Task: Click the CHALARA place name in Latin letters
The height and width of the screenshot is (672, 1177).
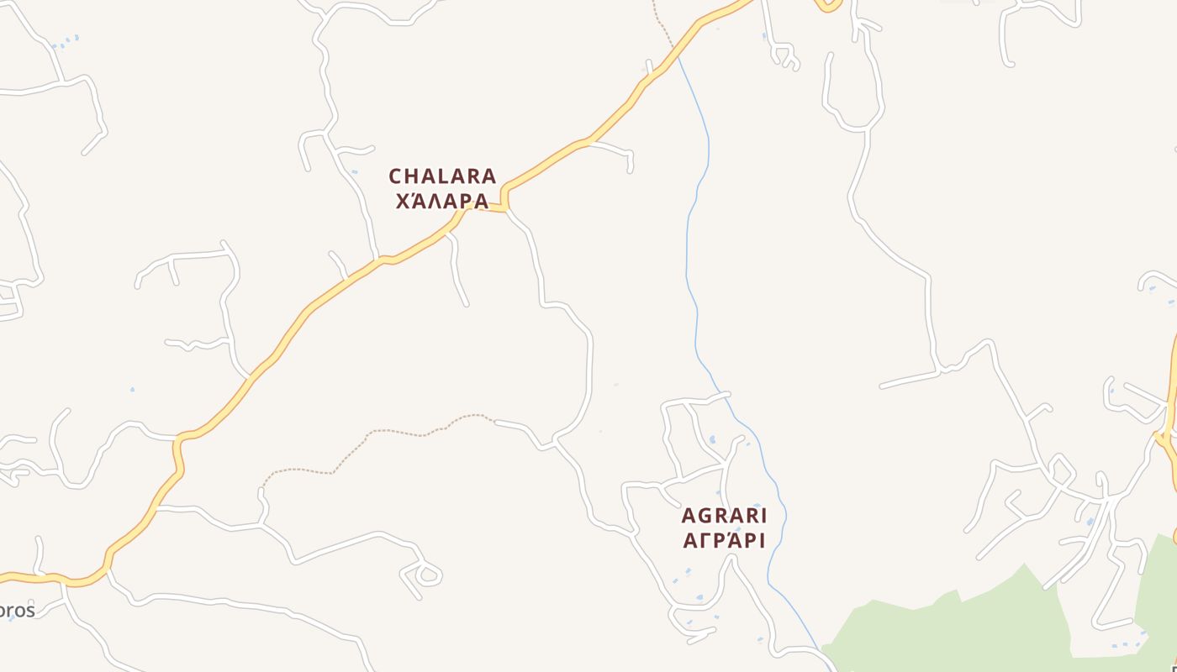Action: click(442, 176)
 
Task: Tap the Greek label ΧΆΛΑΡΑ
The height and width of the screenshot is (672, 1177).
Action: click(442, 201)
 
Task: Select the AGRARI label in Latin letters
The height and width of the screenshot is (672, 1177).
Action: click(724, 515)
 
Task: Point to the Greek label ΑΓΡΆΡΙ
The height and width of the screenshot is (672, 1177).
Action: click(724, 540)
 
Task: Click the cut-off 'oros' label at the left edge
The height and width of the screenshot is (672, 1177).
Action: click(17, 610)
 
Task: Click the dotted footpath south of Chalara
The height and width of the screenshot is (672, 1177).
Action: click(378, 432)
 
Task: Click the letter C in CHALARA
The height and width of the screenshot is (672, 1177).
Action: click(396, 176)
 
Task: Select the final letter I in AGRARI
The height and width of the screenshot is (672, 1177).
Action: click(763, 515)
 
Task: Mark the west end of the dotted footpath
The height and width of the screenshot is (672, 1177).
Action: click(263, 486)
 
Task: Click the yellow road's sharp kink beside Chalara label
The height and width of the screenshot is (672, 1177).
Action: click(504, 205)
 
